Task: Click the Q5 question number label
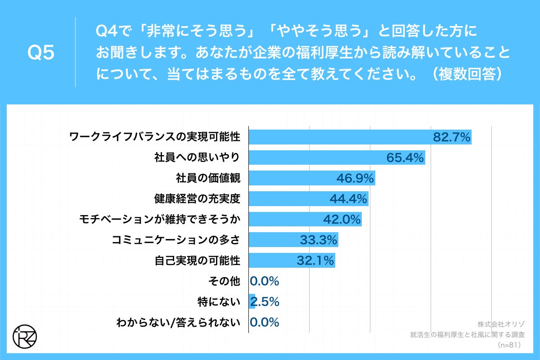[x=41, y=53]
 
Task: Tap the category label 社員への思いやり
[x=197, y=158]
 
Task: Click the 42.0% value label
[x=342, y=220]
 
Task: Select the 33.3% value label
[x=319, y=240]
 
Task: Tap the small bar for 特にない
[x=252, y=301]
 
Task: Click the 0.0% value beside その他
[x=265, y=281]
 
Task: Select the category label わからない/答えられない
[x=178, y=322]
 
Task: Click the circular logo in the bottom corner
[x=25, y=335]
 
